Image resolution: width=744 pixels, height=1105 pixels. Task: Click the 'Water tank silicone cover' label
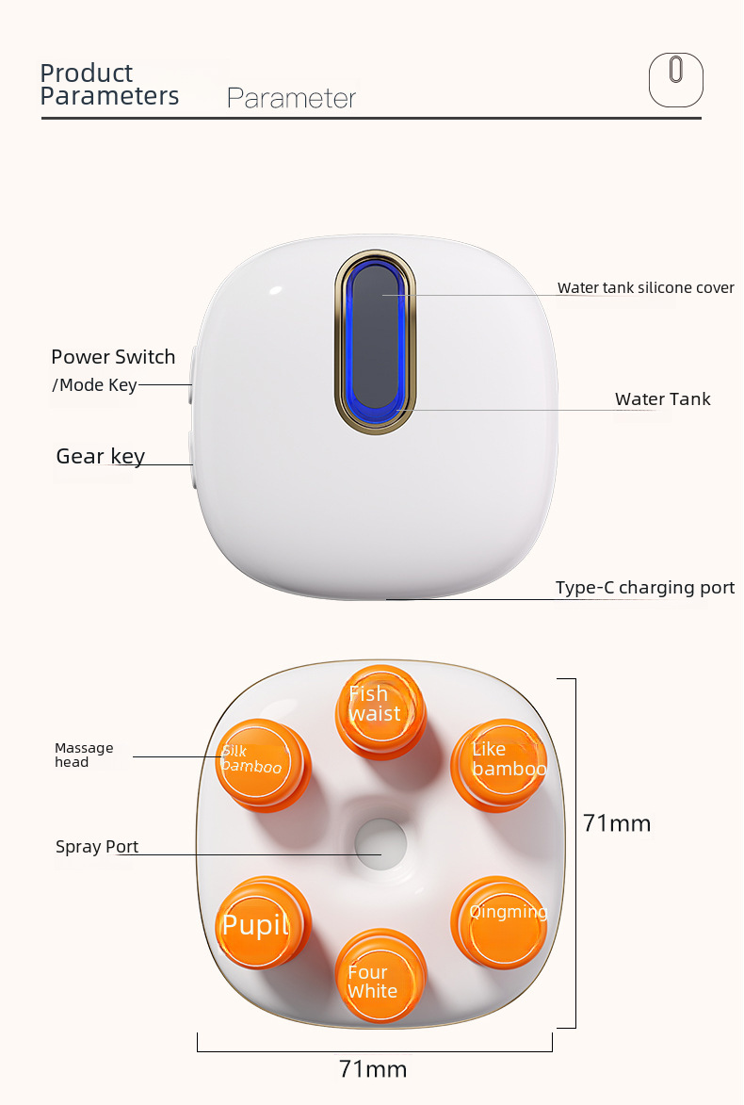click(x=645, y=287)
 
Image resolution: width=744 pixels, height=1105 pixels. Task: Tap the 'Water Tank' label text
click(x=662, y=399)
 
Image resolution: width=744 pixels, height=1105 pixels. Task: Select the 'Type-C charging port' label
click(x=644, y=588)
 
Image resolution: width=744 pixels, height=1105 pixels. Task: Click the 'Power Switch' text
click(x=113, y=357)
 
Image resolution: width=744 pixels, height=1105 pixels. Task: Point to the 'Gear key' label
click(x=100, y=457)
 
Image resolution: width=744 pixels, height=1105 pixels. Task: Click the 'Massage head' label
click(x=84, y=756)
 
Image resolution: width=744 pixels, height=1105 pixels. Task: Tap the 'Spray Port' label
click(x=96, y=847)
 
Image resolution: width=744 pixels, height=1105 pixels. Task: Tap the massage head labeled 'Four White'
click(x=374, y=980)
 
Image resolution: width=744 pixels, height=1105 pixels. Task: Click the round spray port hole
click(x=380, y=839)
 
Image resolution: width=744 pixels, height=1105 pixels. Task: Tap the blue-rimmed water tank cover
click(x=375, y=344)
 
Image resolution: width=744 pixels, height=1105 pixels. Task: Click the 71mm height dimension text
click(x=617, y=823)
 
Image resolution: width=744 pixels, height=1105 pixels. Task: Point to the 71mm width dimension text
click(x=373, y=1069)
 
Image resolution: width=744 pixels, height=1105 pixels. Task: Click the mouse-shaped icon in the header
click(x=675, y=79)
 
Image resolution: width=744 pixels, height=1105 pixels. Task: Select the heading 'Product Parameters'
click(x=109, y=85)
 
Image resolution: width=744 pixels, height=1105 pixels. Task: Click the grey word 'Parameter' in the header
click(x=291, y=98)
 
